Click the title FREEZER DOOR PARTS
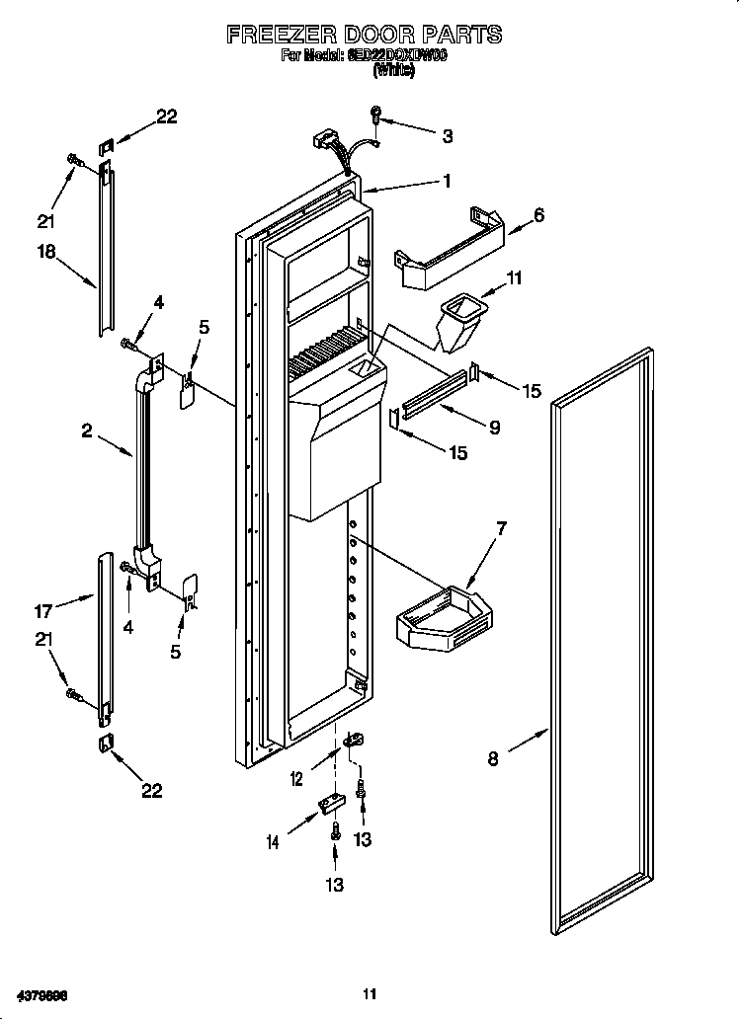[x=365, y=35]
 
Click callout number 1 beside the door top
[x=447, y=181]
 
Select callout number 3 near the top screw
[x=448, y=136]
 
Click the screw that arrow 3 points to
[x=376, y=117]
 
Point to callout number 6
[x=538, y=214]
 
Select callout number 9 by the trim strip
[x=493, y=428]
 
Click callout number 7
[x=501, y=529]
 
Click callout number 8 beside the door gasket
[x=492, y=758]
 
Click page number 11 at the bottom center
[x=370, y=993]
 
